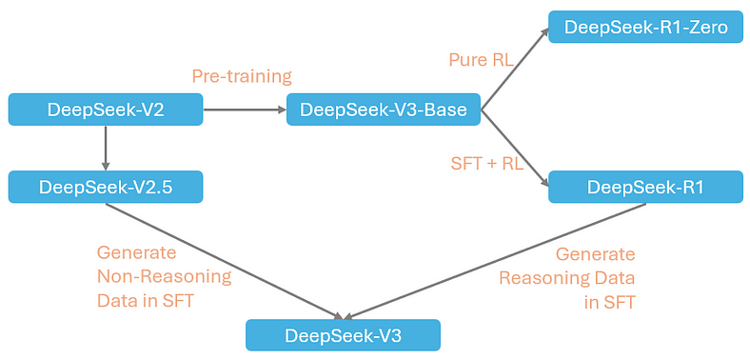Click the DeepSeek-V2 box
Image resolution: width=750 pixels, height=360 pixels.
point(106,110)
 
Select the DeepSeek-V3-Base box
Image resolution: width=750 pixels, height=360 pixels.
point(383,110)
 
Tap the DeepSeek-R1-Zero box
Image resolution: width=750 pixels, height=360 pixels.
point(645,28)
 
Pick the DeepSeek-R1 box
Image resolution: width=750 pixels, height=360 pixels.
point(645,187)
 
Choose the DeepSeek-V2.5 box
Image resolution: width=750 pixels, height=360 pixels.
point(106,187)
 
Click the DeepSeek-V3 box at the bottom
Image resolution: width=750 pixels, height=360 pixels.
point(343,335)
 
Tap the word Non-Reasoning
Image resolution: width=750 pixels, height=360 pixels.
point(164,277)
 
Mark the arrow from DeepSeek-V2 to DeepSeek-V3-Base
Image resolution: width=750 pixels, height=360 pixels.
point(245,110)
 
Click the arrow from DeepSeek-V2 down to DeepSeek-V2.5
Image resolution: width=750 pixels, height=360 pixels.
point(106,149)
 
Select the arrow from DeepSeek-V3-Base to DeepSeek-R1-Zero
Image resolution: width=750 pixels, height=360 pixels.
point(515,70)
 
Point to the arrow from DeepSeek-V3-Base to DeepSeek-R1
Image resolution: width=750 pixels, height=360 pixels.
point(515,148)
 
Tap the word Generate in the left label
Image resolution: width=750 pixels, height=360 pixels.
point(136,253)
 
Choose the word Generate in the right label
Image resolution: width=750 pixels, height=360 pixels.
point(595,254)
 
